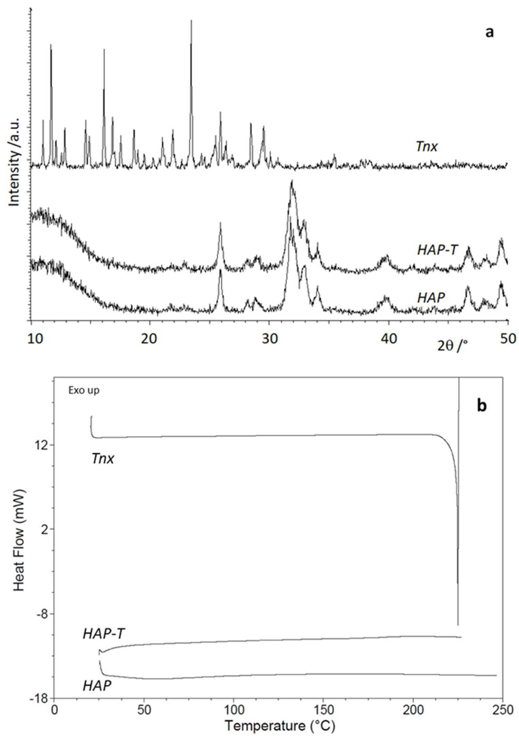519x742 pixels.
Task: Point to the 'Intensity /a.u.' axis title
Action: (15, 162)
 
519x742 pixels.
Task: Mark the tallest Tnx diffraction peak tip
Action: (191, 20)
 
